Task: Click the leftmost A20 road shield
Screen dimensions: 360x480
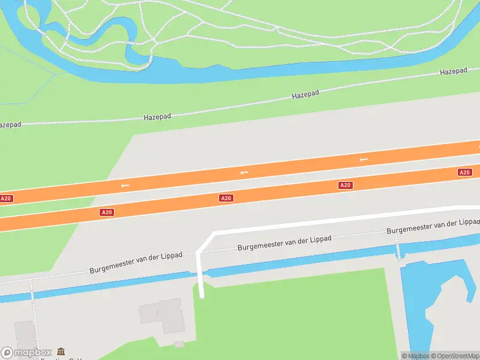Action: click(x=5, y=198)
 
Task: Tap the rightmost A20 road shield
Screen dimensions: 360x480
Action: click(x=464, y=172)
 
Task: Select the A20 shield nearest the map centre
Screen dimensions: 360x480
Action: click(x=226, y=198)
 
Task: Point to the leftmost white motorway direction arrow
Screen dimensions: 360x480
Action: click(x=125, y=185)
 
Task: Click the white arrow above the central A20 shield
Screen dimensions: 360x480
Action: click(x=244, y=173)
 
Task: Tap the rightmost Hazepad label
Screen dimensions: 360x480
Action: click(x=453, y=71)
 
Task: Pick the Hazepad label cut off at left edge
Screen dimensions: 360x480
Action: click(x=10, y=125)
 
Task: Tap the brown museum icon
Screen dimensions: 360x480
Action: click(x=61, y=352)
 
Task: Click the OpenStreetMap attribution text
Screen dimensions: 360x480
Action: click(x=455, y=356)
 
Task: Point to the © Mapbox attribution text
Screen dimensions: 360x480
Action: click(x=415, y=356)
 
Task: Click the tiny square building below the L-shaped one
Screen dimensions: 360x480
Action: click(x=179, y=344)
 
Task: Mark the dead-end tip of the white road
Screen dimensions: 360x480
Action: click(x=202, y=295)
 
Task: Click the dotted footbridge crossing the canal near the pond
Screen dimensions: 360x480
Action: click(x=397, y=246)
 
